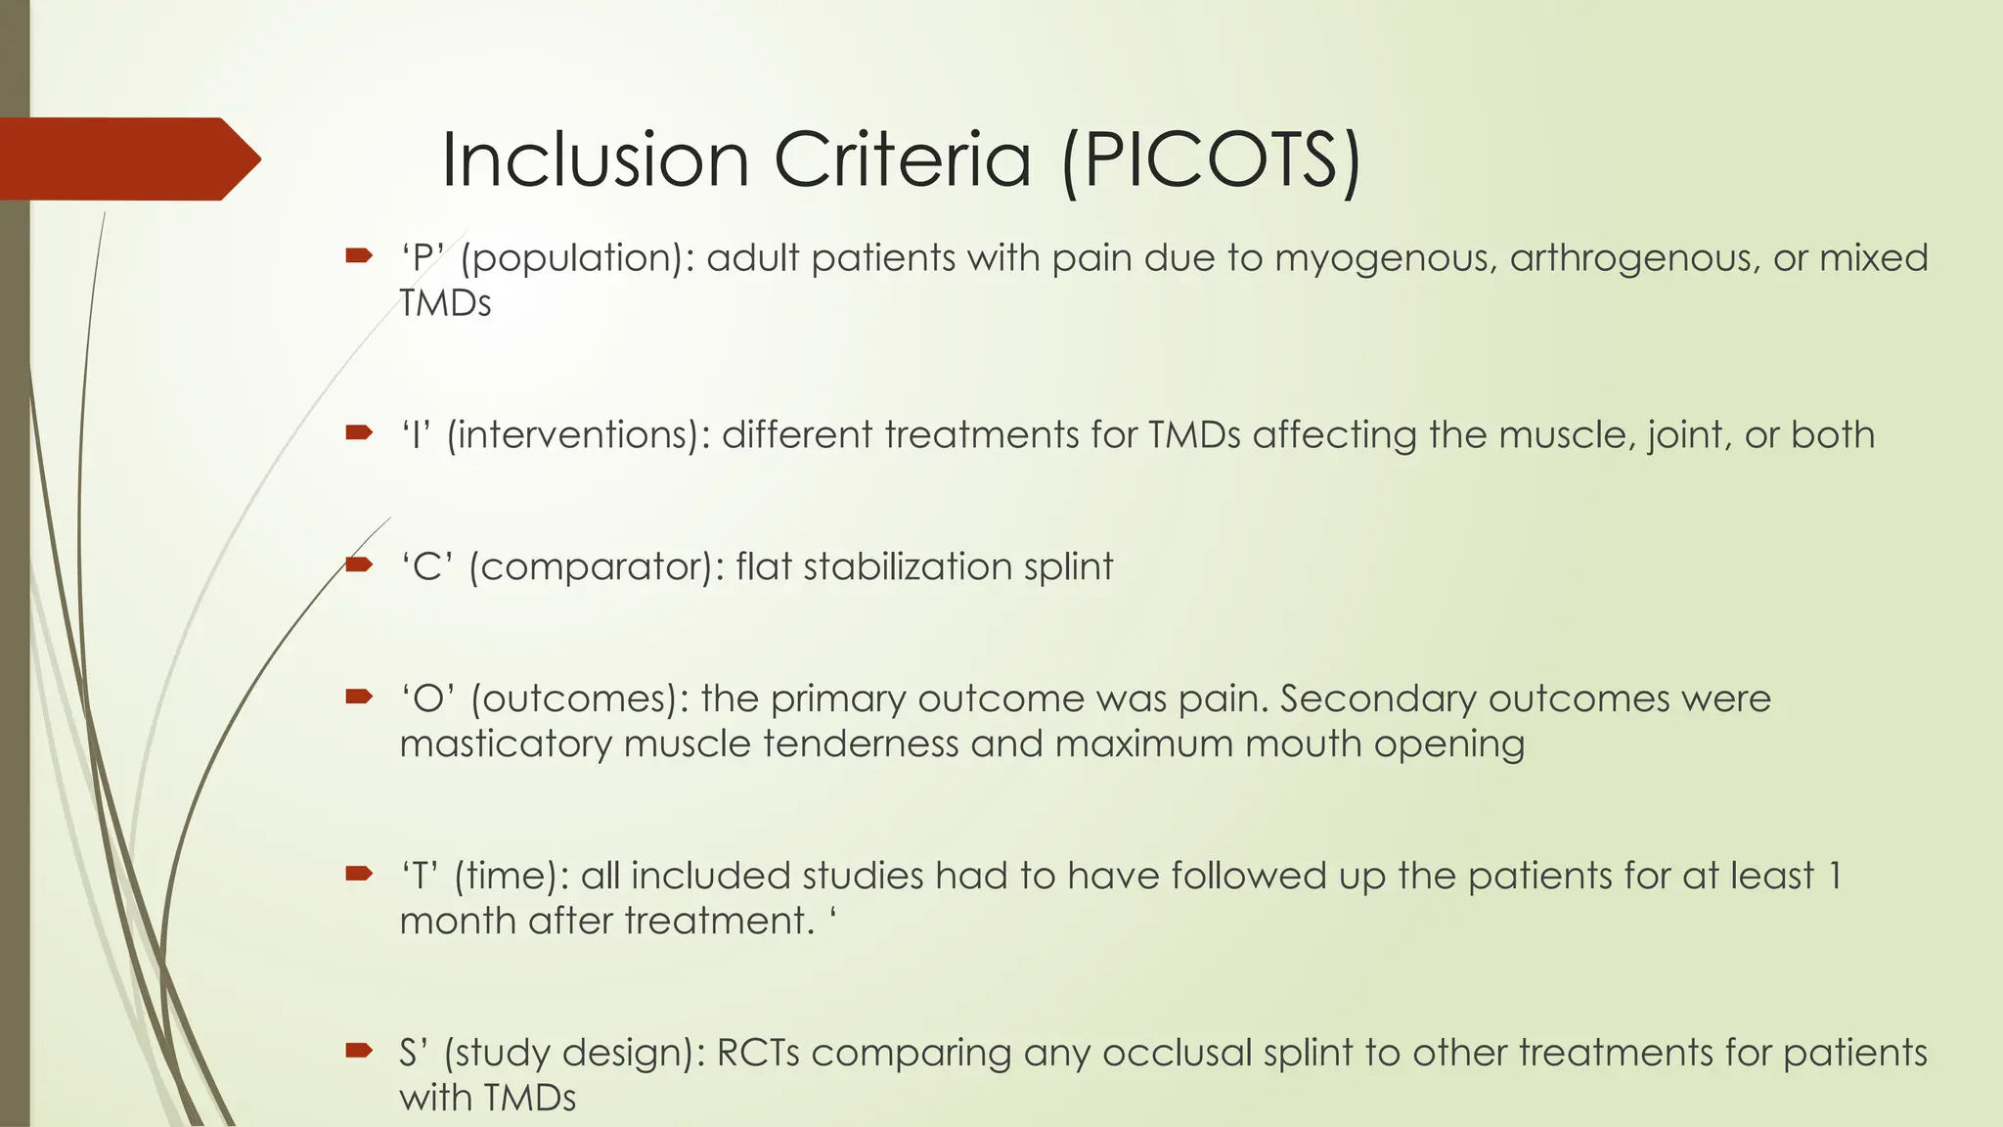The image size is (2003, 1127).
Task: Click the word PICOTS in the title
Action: (x=1211, y=159)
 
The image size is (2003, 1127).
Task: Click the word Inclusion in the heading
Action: (x=595, y=159)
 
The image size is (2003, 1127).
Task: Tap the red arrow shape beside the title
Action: (x=127, y=158)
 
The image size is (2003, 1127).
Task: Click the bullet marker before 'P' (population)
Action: (x=359, y=256)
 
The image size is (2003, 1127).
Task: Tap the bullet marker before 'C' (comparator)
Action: (x=359, y=564)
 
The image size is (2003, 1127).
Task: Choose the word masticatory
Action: (x=505, y=744)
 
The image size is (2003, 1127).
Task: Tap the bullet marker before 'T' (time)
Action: (x=359, y=873)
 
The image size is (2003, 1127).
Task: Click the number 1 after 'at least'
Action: (x=1834, y=876)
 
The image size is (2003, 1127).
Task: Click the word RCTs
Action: (x=758, y=1053)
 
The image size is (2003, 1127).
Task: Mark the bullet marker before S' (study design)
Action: (x=359, y=1051)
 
